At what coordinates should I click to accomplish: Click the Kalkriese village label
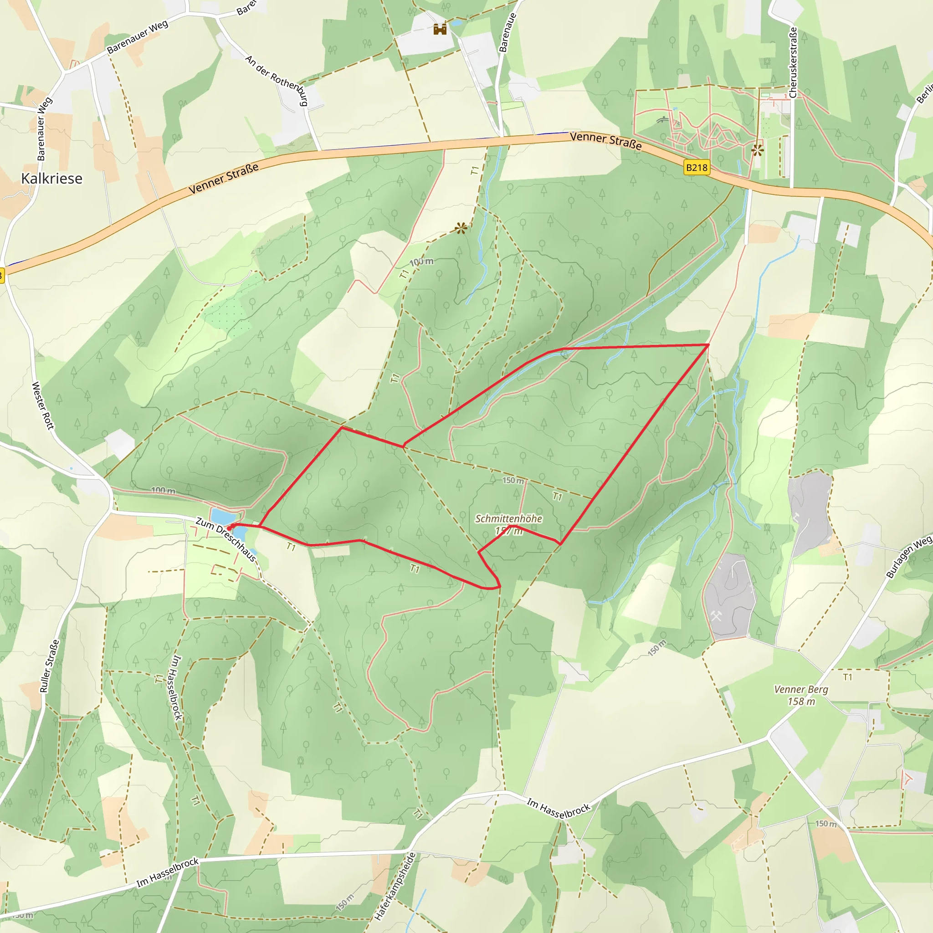click(51, 179)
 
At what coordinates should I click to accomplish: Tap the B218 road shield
click(697, 168)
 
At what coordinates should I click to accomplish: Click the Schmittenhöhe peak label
click(508, 518)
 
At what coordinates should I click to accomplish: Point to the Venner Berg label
click(801, 690)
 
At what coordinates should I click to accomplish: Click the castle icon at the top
click(440, 30)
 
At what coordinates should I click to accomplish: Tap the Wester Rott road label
click(42, 405)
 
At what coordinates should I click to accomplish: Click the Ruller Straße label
click(50, 666)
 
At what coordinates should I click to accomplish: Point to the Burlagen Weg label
click(908, 557)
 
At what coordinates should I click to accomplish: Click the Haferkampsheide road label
click(395, 886)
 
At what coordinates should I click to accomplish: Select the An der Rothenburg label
click(277, 80)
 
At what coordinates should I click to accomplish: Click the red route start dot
click(230, 528)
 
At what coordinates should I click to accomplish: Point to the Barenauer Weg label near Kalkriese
click(138, 37)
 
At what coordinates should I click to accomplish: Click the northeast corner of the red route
click(708, 345)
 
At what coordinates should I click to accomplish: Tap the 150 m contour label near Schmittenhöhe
click(513, 481)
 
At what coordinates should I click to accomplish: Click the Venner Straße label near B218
click(605, 140)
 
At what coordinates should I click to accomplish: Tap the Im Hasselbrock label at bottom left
click(167, 872)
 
